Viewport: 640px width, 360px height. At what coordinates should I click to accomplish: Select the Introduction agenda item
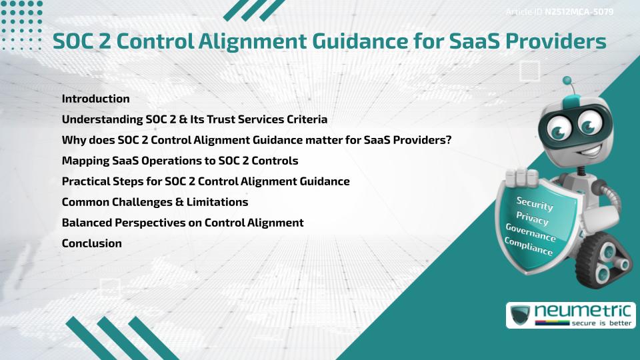click(x=95, y=99)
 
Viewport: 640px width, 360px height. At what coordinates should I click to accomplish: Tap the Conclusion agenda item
click(x=91, y=243)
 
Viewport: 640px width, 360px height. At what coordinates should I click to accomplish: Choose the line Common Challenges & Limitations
click(x=155, y=202)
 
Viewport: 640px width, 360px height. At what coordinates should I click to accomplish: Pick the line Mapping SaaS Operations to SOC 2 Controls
click(x=179, y=161)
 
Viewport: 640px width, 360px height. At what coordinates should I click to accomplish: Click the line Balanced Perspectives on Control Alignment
click(x=182, y=223)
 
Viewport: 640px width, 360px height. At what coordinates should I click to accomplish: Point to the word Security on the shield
click(x=535, y=204)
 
